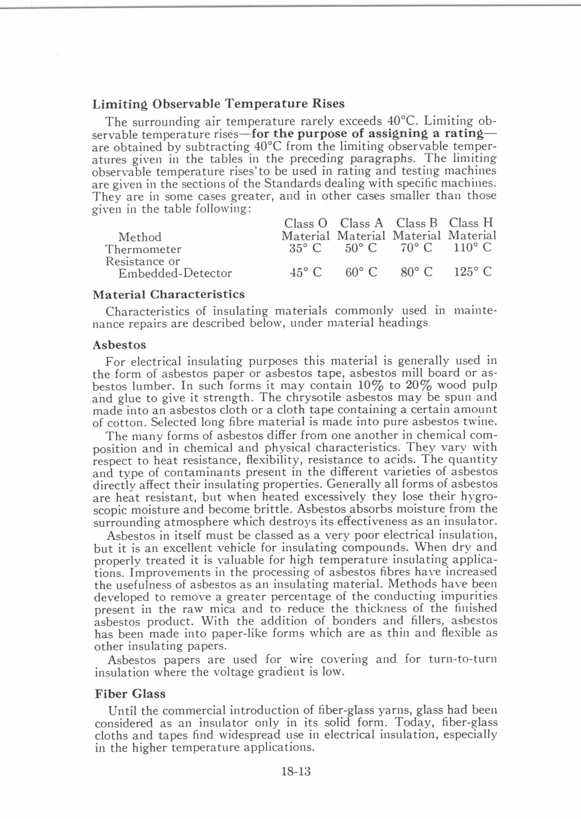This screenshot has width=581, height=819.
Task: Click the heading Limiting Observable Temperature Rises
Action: tap(218, 104)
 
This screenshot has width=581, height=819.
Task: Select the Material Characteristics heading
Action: tap(168, 295)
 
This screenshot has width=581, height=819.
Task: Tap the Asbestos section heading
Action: tap(119, 345)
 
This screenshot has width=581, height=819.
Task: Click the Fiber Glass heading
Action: tap(130, 694)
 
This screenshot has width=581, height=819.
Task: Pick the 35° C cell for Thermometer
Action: tap(306, 248)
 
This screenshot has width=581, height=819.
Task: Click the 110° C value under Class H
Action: tap(472, 247)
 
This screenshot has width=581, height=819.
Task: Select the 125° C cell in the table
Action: tap(472, 272)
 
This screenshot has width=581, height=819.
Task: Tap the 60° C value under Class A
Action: tap(361, 273)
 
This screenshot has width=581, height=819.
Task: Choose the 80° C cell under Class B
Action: tap(417, 273)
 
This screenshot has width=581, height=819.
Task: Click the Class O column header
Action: tap(306, 223)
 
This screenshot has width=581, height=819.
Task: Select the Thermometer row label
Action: tap(143, 249)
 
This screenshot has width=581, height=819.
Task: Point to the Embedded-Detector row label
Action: tap(175, 273)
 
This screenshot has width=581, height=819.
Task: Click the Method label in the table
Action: tap(139, 237)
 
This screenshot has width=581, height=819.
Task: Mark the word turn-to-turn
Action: tap(462, 659)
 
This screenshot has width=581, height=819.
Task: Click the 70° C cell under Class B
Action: tap(416, 248)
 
